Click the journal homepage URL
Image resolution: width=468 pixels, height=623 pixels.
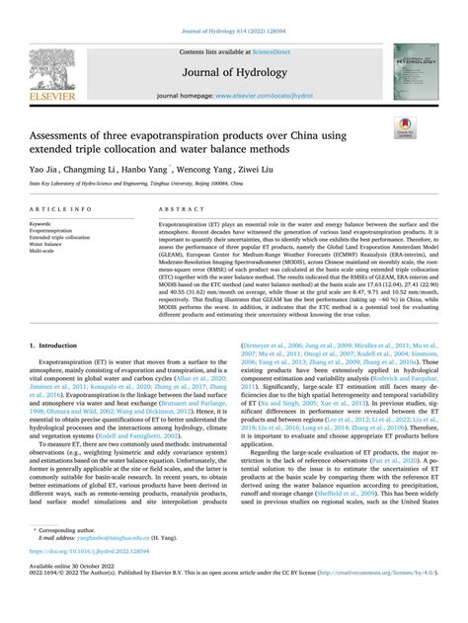pos(265,95)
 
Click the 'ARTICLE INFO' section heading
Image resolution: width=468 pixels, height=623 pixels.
pos(62,211)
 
